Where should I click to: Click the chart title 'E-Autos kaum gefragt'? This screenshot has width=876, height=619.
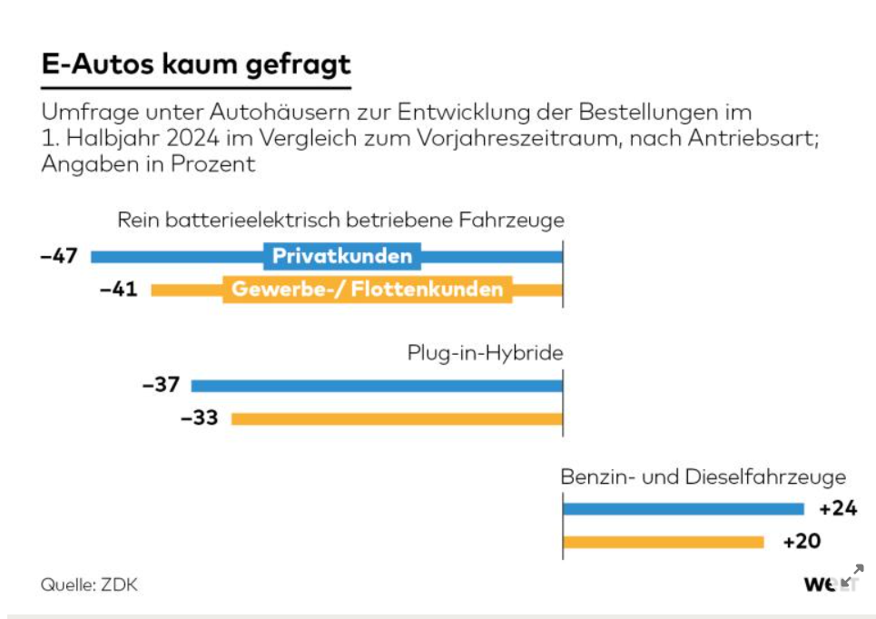pos(195,65)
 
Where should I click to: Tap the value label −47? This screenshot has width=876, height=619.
pos(58,256)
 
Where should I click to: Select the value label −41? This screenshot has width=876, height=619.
pos(118,290)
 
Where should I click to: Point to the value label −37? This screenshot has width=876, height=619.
pos(161,385)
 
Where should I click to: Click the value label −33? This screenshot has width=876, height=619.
pos(200,418)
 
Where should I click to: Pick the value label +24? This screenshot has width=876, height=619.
pos(837,508)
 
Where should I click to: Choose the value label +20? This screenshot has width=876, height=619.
pos(801,542)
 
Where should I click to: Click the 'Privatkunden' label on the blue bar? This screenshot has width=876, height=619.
pos(342,256)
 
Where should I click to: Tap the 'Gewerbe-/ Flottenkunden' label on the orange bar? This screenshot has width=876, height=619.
pos(367,290)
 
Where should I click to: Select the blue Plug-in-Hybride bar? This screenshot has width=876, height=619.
pos(377,385)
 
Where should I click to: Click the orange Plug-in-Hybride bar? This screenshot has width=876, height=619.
pos(397,418)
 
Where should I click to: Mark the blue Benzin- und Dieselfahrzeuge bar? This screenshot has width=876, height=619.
pos(683,508)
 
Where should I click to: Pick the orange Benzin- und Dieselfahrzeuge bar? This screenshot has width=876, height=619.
pos(663,542)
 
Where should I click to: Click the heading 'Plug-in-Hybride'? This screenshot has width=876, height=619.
pos(485,353)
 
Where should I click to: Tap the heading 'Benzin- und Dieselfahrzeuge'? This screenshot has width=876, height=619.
pos(703,477)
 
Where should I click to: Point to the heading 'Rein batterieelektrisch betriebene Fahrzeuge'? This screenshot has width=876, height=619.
pos(340,221)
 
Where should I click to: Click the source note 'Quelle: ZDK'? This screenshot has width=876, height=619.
pos(88,585)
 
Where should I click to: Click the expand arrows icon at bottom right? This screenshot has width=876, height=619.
pos(851,575)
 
